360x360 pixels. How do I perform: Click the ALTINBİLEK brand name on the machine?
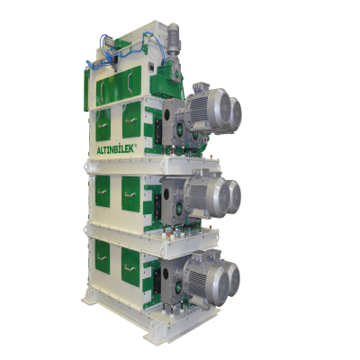pyautogui.click(x=116, y=149)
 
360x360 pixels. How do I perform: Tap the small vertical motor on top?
pyautogui.click(x=173, y=38)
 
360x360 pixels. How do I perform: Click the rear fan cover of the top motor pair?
pyautogui.click(x=235, y=114)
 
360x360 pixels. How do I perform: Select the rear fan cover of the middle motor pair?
pyautogui.click(x=234, y=196)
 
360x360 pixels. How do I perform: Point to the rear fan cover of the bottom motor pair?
pyautogui.click(x=233, y=279)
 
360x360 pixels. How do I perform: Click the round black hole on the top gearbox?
pyautogui.click(x=166, y=114)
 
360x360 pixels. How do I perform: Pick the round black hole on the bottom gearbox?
pyautogui.click(x=166, y=274)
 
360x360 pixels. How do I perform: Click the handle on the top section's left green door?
pyautogui.click(x=103, y=125)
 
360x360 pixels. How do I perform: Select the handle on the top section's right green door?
pyautogui.click(x=131, y=121)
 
